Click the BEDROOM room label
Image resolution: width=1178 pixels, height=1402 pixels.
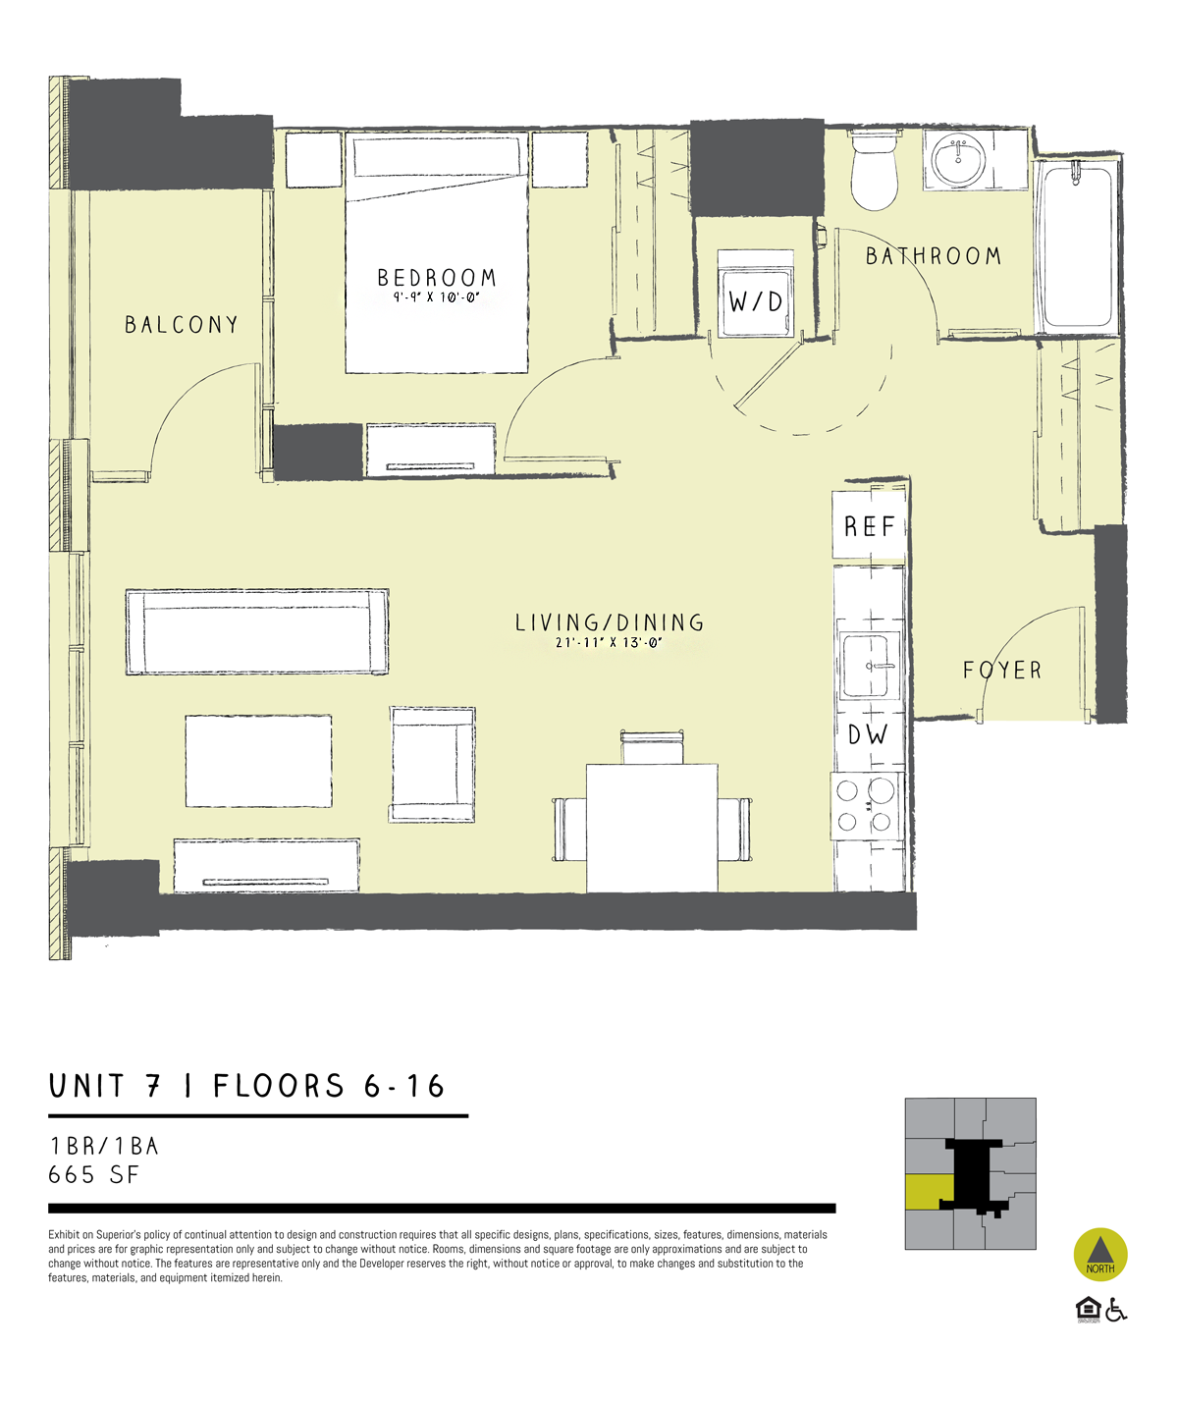[437, 277]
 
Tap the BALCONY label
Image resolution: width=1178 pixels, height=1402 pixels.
[182, 325]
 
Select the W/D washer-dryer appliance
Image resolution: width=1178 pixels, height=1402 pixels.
[756, 295]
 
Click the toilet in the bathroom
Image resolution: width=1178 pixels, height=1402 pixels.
[874, 170]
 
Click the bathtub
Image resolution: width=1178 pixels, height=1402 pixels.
[1077, 246]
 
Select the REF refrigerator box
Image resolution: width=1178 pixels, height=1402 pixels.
[869, 525]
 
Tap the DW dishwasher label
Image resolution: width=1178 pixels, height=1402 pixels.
[868, 734]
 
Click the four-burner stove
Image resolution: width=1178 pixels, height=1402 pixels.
[867, 806]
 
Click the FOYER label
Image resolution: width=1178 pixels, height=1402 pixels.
[1002, 671]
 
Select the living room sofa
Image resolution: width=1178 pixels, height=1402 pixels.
[257, 632]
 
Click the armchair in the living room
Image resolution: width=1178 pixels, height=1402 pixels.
[433, 764]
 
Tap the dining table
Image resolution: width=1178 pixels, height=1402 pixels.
[652, 828]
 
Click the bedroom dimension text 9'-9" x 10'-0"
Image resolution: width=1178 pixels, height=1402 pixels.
[437, 297]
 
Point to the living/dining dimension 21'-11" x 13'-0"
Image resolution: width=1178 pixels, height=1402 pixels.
[609, 642]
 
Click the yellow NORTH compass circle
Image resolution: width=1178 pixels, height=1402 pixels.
[1100, 1255]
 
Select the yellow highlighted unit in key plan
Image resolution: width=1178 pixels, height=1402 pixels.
[929, 1193]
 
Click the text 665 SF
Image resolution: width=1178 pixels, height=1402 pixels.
[94, 1175]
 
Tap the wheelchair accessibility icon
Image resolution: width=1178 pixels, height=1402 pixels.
[1116, 1310]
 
